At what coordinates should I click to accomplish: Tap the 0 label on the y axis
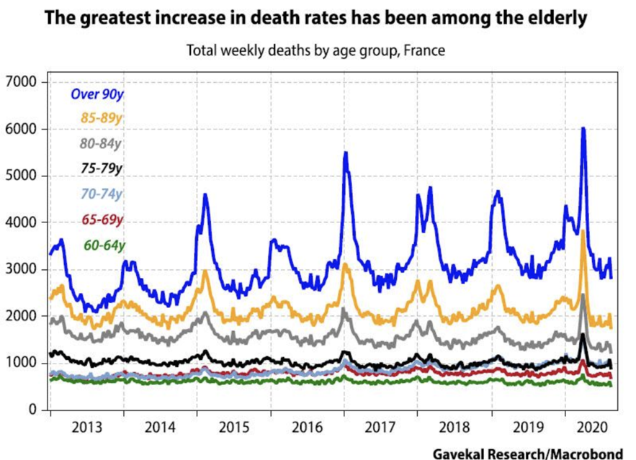tap(33, 410)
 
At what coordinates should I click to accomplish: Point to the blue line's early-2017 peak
tap(346, 153)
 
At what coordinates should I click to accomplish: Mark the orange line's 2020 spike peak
tap(582, 232)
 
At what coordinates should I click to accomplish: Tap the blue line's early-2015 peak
tap(205, 195)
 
